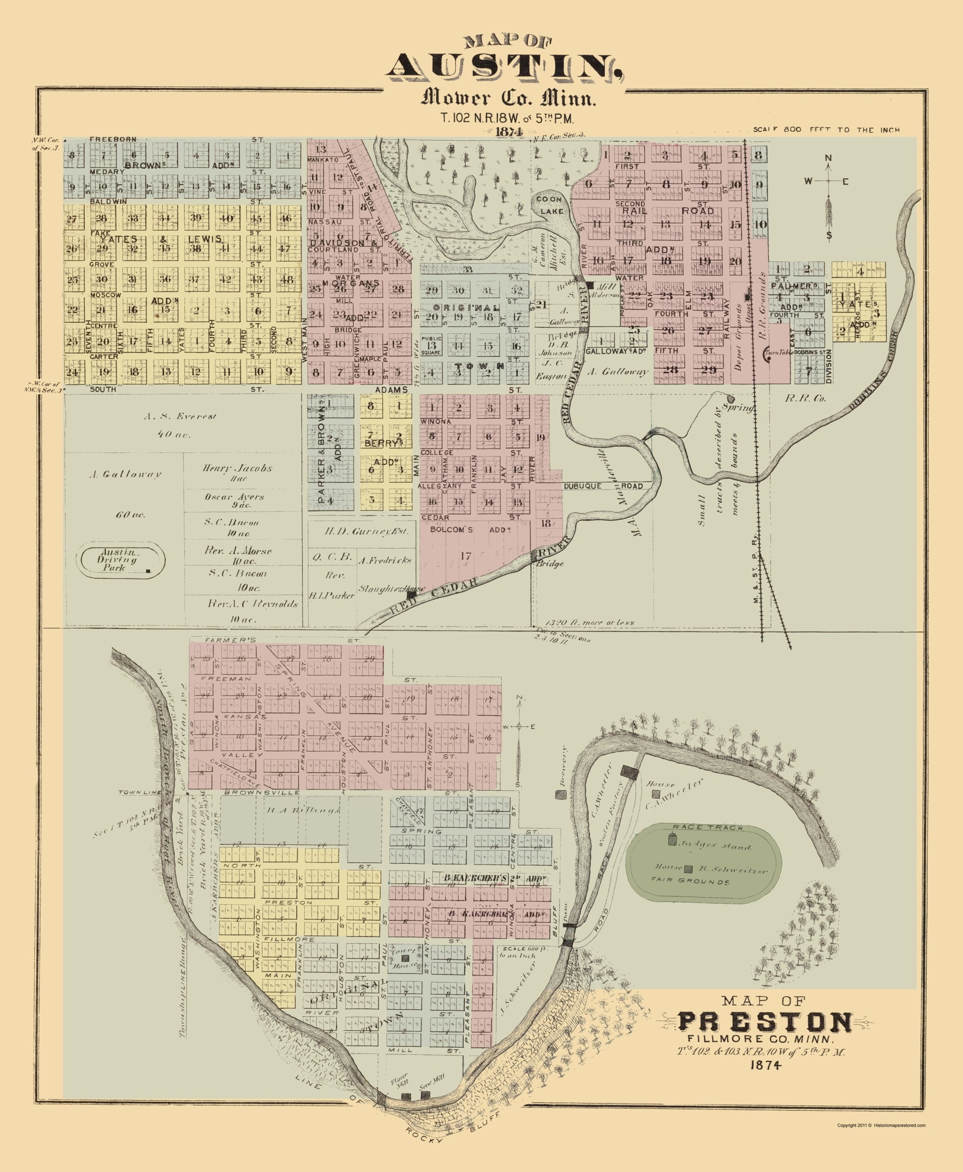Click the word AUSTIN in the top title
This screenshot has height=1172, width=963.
tap(504, 67)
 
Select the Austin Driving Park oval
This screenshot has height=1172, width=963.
tap(122, 561)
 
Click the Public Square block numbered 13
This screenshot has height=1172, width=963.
tap(431, 345)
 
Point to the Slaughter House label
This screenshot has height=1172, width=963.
tap(391, 588)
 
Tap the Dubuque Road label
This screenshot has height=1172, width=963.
tap(603, 486)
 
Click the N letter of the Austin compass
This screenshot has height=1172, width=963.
tap(828, 158)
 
